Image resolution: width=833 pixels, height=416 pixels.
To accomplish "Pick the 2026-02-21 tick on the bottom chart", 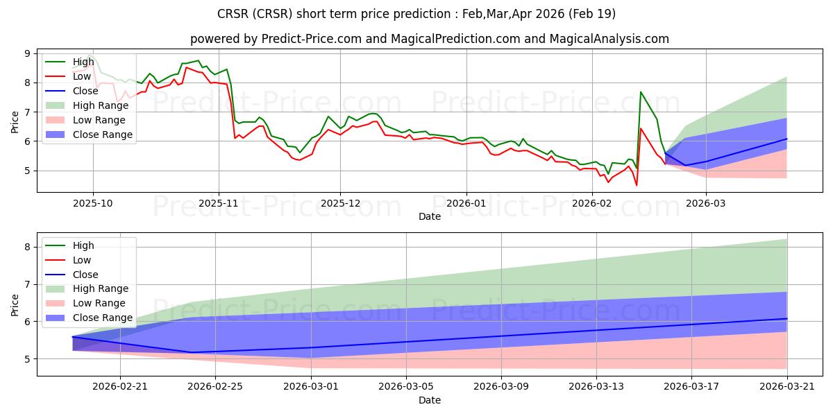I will (x=120, y=387).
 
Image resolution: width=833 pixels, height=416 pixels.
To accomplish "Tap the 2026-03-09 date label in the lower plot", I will (x=501, y=387).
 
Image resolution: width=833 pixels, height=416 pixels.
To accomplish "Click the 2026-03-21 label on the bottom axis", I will (x=786, y=387).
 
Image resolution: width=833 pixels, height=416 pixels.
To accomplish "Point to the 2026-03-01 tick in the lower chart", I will (x=310, y=387).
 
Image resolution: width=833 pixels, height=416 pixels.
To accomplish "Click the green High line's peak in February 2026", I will (x=641, y=92).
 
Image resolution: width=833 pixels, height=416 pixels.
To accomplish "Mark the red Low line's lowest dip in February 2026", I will (x=637, y=185).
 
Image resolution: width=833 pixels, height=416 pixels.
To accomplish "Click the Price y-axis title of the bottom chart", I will (x=15, y=304).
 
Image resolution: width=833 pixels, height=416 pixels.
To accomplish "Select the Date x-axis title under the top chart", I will (x=429, y=216).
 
